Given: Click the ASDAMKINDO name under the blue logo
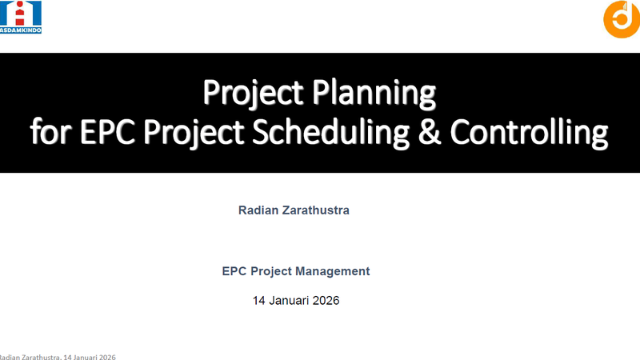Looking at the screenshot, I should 22,30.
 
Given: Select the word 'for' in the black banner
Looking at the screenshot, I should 47,133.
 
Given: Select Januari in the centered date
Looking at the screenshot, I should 291,302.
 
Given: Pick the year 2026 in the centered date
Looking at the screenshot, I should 326,302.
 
